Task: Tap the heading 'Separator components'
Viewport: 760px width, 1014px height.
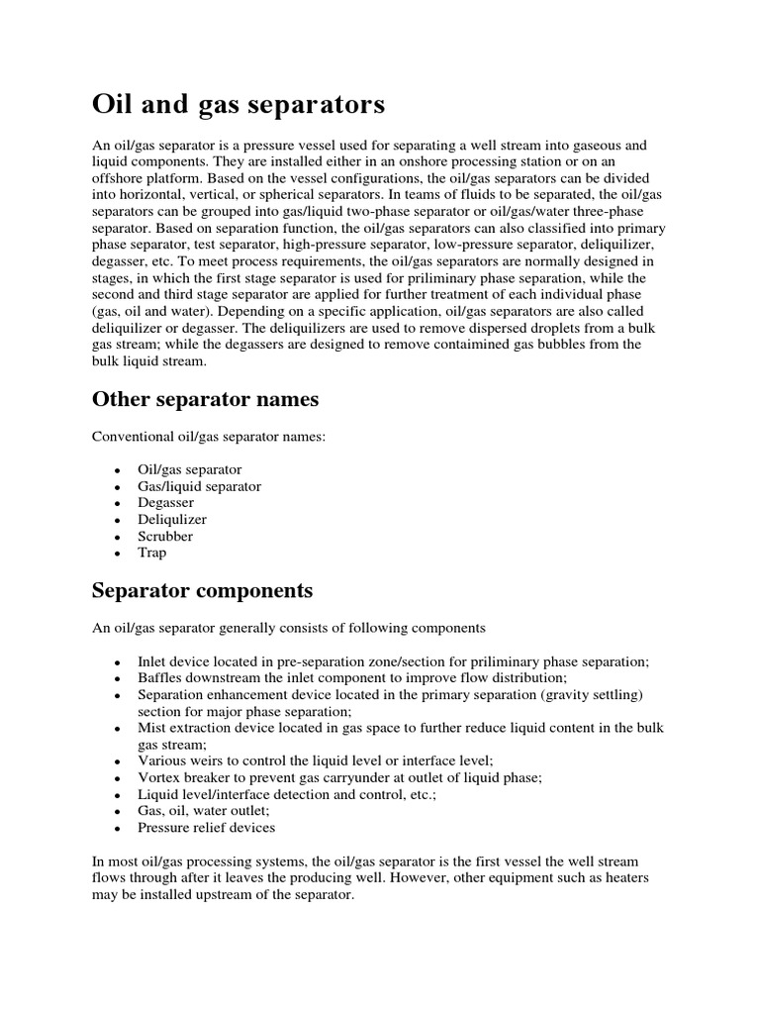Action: point(202,591)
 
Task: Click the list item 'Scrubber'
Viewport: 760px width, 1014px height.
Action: point(165,536)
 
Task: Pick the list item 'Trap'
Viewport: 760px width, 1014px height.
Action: point(152,553)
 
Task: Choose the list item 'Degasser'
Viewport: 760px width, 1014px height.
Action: point(166,503)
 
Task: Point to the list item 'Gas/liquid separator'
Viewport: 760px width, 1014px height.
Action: point(199,486)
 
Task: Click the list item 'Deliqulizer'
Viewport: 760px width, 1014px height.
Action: point(172,519)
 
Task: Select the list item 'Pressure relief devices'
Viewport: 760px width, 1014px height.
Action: point(206,827)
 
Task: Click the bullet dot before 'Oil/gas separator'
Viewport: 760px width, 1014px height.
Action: point(118,470)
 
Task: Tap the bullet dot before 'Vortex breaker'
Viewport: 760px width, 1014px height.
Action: point(118,778)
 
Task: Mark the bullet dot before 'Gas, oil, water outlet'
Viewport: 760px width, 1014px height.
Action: point(118,811)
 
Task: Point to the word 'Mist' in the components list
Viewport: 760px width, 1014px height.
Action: point(151,728)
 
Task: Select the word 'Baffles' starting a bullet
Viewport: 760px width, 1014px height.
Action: point(160,678)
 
